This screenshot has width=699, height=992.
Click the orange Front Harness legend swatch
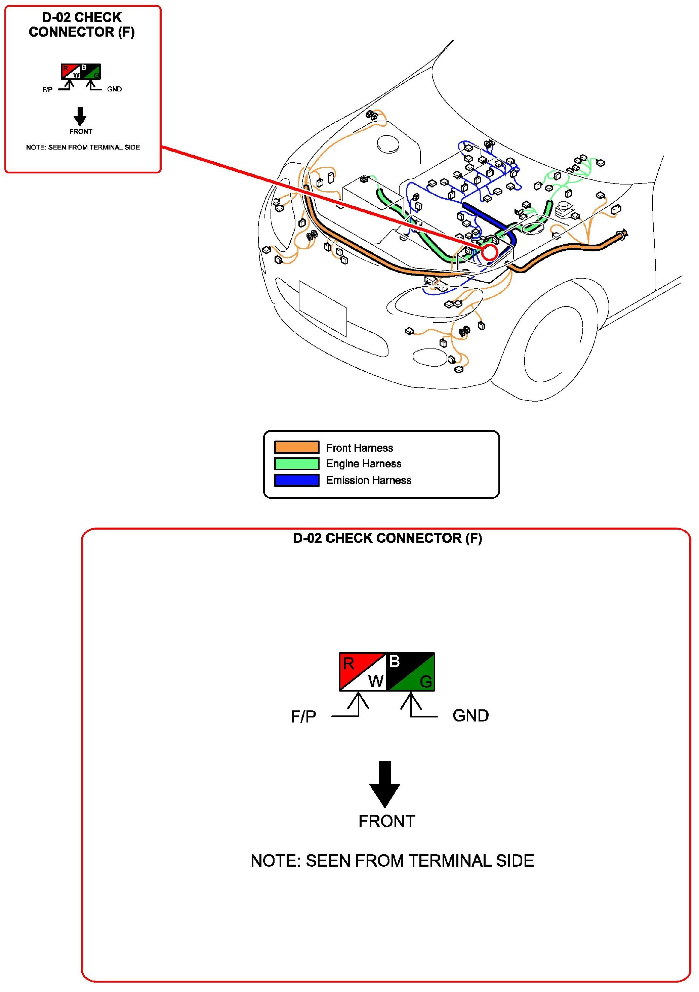(x=297, y=447)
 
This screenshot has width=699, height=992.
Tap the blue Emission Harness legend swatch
(x=297, y=480)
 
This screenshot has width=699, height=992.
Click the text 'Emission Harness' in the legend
(x=369, y=480)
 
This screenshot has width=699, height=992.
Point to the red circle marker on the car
(x=490, y=252)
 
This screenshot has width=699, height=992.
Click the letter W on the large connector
(x=375, y=681)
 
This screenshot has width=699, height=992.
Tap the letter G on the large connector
(x=425, y=681)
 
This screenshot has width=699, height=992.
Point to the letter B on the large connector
(x=395, y=661)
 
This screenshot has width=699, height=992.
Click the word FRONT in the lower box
(x=387, y=821)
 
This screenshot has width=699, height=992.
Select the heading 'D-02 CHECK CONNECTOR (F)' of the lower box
(x=387, y=538)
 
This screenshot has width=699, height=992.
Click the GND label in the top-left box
(x=115, y=89)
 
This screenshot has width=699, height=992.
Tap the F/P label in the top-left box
(x=47, y=89)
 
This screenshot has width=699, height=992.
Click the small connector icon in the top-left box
(x=81, y=72)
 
